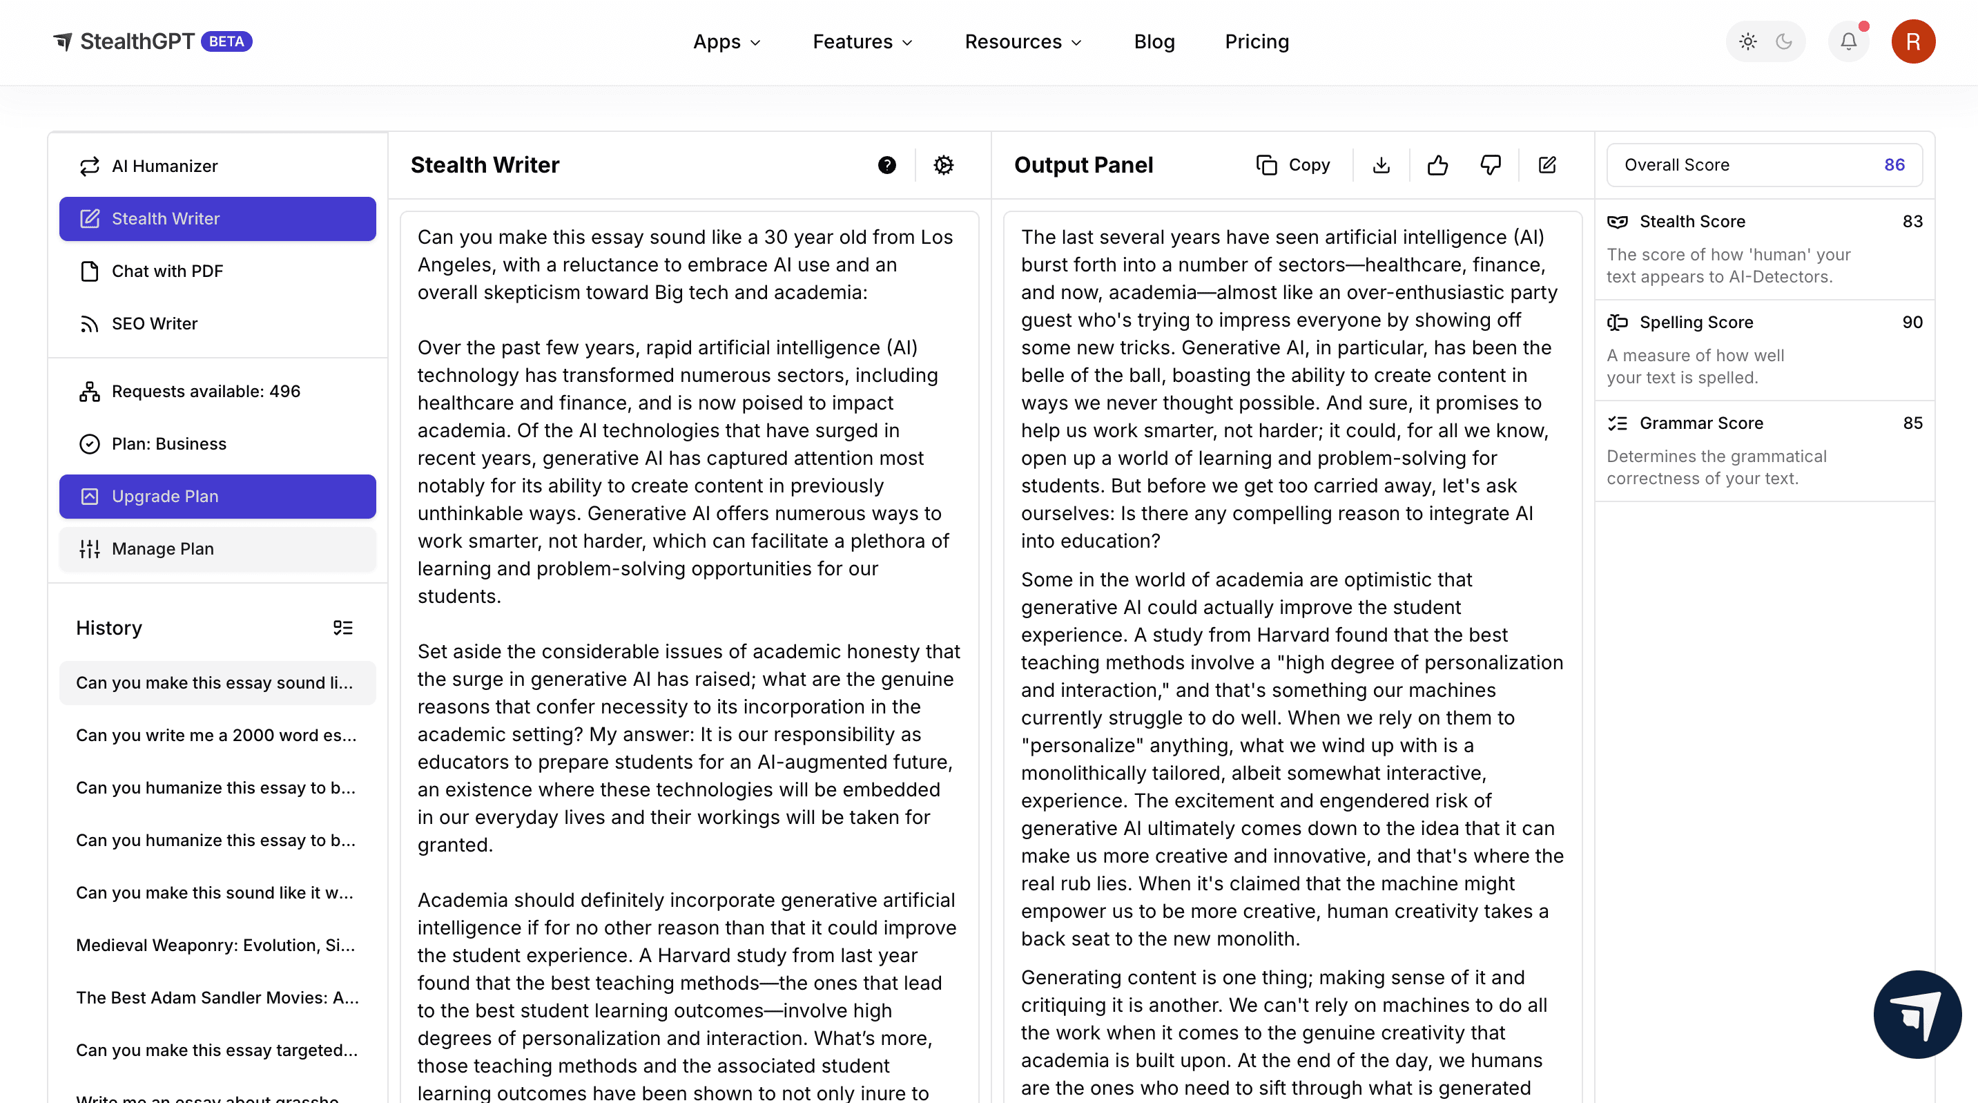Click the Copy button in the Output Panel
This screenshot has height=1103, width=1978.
[x=1294, y=165]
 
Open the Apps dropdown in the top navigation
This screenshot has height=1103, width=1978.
[x=726, y=41]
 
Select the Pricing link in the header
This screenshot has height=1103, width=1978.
[x=1257, y=41]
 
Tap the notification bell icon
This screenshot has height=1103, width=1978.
[x=1848, y=41]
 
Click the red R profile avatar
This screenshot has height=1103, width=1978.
[x=1912, y=41]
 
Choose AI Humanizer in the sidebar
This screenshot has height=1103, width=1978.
[x=164, y=166]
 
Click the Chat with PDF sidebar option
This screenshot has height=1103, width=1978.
[x=166, y=271]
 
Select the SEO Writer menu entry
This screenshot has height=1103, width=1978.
[x=155, y=323]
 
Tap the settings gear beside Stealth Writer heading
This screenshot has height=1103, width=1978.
[x=944, y=165]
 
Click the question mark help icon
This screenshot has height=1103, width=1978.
[x=887, y=165]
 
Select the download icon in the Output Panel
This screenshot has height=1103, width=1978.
[x=1381, y=165]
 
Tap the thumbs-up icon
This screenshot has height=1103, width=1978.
[x=1437, y=165]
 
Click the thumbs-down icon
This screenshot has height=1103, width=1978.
[x=1491, y=165]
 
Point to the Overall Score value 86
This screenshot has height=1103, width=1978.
[x=1894, y=165]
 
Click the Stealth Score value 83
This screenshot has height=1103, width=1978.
[x=1912, y=222]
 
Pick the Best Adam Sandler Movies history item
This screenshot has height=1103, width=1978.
[x=217, y=997]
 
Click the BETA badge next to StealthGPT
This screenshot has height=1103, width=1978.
[x=226, y=41]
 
